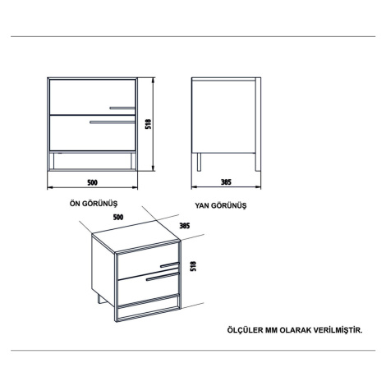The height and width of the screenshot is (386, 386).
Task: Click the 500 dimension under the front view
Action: [x=92, y=182]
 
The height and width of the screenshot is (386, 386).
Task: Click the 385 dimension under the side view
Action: [x=226, y=182]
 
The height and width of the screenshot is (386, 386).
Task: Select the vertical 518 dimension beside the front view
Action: [x=148, y=124]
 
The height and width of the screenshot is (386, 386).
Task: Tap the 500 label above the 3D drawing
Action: [x=118, y=217]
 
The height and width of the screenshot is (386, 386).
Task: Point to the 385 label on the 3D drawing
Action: [x=185, y=226]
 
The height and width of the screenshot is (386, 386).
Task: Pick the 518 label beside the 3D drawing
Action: [x=193, y=266]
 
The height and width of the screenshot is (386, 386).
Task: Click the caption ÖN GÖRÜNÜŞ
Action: [x=94, y=204]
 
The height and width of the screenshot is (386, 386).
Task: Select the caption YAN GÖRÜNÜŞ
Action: [x=221, y=205]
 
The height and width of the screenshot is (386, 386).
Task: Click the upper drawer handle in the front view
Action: [x=122, y=108]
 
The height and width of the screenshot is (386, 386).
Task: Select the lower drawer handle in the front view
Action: [x=113, y=122]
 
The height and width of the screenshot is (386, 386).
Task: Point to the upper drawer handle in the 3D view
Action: [x=170, y=264]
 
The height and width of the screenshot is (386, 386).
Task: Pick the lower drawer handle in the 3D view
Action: [x=163, y=277]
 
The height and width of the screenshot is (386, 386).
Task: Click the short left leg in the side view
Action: [x=199, y=162]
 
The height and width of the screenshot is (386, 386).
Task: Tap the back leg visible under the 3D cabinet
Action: [x=100, y=299]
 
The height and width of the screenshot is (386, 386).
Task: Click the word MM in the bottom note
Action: [x=271, y=330]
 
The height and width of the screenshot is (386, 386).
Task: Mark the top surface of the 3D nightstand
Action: [x=136, y=237]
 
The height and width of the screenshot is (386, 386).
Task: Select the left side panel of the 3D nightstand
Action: [x=103, y=270]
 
